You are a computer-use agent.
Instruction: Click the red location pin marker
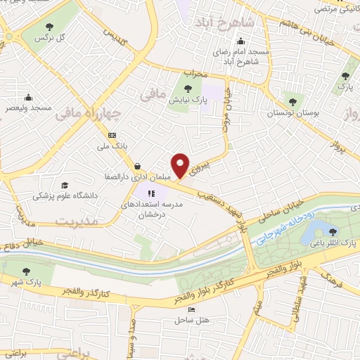click(181, 166)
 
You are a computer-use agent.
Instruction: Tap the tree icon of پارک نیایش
click(188, 88)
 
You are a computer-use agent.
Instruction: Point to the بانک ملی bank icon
click(111, 135)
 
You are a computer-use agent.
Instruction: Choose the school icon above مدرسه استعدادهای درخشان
click(150, 193)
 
